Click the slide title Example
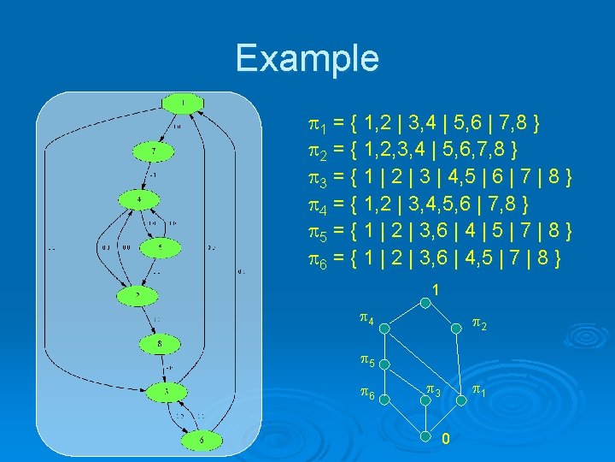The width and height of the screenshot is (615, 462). pos(307,58)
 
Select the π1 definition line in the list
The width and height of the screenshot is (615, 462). pos(422,127)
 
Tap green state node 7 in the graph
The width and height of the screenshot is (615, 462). pos(154,151)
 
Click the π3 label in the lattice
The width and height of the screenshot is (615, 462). pos(434,393)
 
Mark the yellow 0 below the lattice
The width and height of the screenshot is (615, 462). pos(445,440)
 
